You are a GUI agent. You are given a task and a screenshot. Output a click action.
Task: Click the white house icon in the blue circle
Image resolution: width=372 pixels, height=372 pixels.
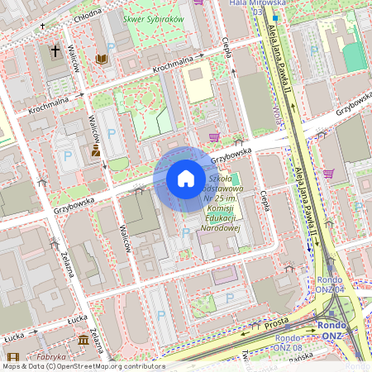tap(185, 179)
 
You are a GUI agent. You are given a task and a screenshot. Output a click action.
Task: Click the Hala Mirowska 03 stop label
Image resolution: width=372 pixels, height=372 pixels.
tap(252, 7)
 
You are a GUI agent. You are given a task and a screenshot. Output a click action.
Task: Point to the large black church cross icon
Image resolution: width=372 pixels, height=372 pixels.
tap(55, 51)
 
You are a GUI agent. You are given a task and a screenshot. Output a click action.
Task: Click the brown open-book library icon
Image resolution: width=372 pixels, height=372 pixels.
tap(101, 59)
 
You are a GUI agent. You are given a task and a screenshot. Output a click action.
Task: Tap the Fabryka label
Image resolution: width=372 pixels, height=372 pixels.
tap(50, 356)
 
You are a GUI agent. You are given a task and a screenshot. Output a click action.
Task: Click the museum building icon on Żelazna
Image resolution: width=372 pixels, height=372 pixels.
tap(83, 340)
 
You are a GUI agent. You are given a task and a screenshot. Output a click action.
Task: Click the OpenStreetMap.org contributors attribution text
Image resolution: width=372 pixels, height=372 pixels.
tap(107, 365)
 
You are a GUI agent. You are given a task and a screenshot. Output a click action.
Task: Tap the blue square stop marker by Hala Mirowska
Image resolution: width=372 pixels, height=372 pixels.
tap(274, 17)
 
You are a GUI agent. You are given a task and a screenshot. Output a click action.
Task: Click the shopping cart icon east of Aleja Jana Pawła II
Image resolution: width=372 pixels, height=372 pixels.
tap(328, 173)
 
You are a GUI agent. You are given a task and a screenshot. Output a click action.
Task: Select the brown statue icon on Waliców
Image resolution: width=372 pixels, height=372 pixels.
tap(96, 150)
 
